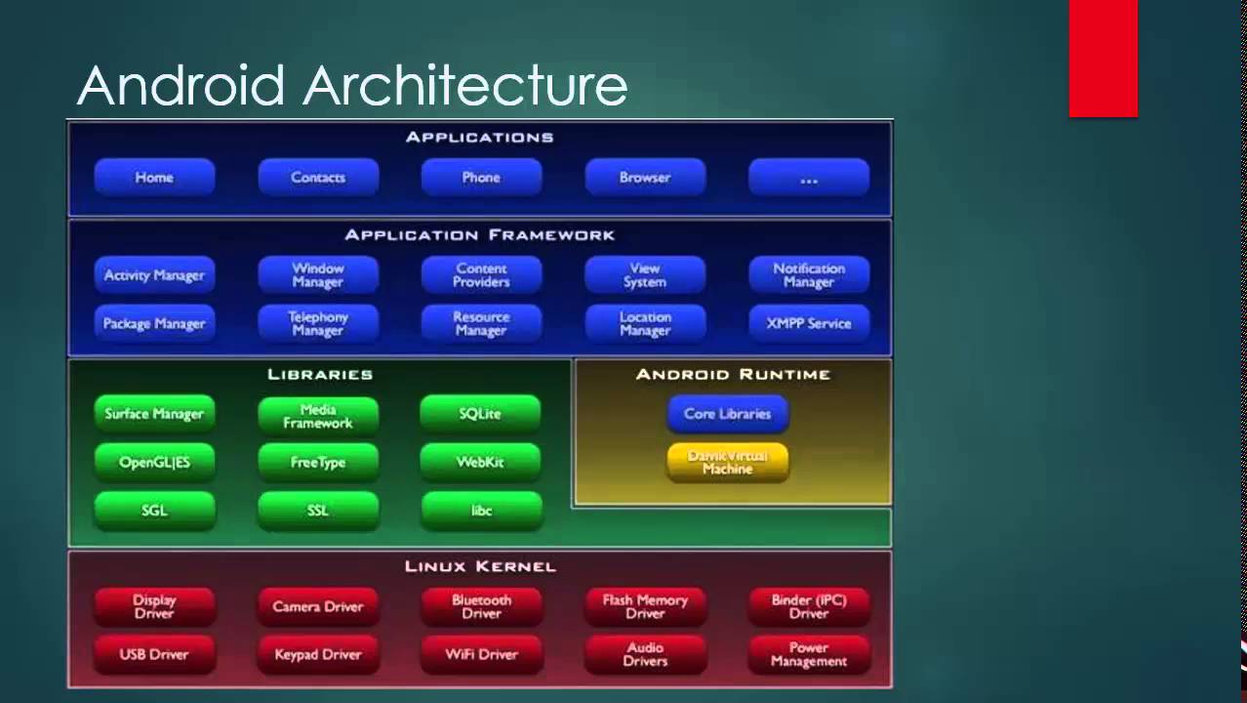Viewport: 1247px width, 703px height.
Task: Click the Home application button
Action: click(154, 178)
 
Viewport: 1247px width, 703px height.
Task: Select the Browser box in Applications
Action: click(644, 178)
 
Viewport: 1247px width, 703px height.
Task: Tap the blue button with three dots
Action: click(808, 178)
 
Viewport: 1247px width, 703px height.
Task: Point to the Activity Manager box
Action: click(154, 275)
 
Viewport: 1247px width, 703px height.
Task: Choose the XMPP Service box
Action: click(808, 323)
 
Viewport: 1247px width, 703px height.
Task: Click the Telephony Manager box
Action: click(318, 323)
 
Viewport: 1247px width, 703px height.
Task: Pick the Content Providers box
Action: click(481, 275)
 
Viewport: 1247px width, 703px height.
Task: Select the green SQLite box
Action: click(480, 414)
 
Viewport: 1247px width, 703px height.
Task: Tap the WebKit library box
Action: click(480, 462)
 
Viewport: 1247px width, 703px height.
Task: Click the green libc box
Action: click(481, 510)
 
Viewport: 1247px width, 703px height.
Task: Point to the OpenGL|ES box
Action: click(154, 462)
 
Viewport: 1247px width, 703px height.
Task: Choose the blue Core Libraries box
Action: click(727, 414)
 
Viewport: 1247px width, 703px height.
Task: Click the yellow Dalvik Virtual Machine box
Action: click(727, 463)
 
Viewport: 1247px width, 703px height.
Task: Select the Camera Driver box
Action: click(318, 606)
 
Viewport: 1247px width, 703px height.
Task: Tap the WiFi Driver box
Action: click(481, 654)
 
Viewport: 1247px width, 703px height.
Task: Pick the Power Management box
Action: click(808, 654)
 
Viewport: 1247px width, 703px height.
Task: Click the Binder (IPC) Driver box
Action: click(808, 606)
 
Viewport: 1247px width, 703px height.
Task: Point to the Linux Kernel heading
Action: click(480, 566)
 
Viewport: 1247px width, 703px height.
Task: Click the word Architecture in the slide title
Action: click(464, 86)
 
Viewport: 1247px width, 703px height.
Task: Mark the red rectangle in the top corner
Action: click(1103, 59)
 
